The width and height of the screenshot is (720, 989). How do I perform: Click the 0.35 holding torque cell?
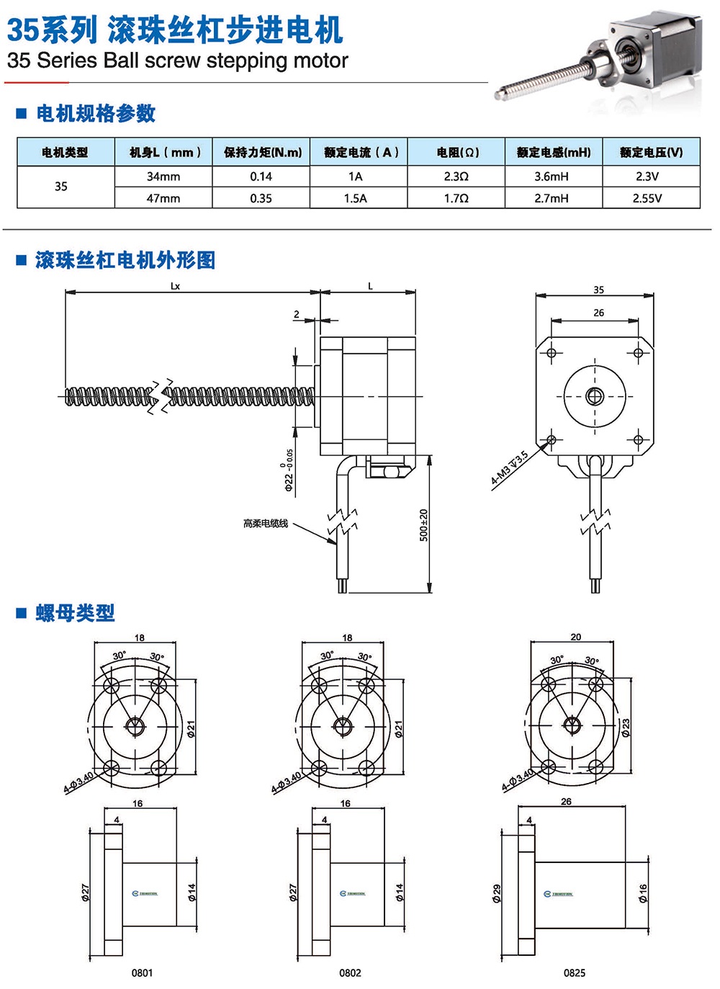point(261,198)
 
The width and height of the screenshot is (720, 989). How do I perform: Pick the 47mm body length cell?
point(163,198)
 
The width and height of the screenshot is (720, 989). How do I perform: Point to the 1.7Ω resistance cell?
point(456,198)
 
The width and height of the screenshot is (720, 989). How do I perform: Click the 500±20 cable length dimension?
point(423,525)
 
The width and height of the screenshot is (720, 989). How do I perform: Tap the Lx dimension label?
point(175,286)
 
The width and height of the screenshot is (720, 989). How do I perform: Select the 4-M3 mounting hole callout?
point(510,467)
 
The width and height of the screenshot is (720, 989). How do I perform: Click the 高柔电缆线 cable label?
point(266,524)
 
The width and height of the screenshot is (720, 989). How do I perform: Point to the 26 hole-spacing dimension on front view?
point(599,313)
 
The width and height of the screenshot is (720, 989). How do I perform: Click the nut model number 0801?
point(142,972)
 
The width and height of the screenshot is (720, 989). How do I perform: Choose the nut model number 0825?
point(574,972)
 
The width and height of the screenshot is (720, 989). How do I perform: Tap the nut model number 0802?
point(350,972)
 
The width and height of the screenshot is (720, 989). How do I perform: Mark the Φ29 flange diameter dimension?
point(497,894)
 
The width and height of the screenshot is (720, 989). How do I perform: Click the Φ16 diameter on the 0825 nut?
point(643,893)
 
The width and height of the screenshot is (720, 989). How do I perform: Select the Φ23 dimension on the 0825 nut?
point(626,728)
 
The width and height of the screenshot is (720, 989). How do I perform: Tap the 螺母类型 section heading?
point(75,613)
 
